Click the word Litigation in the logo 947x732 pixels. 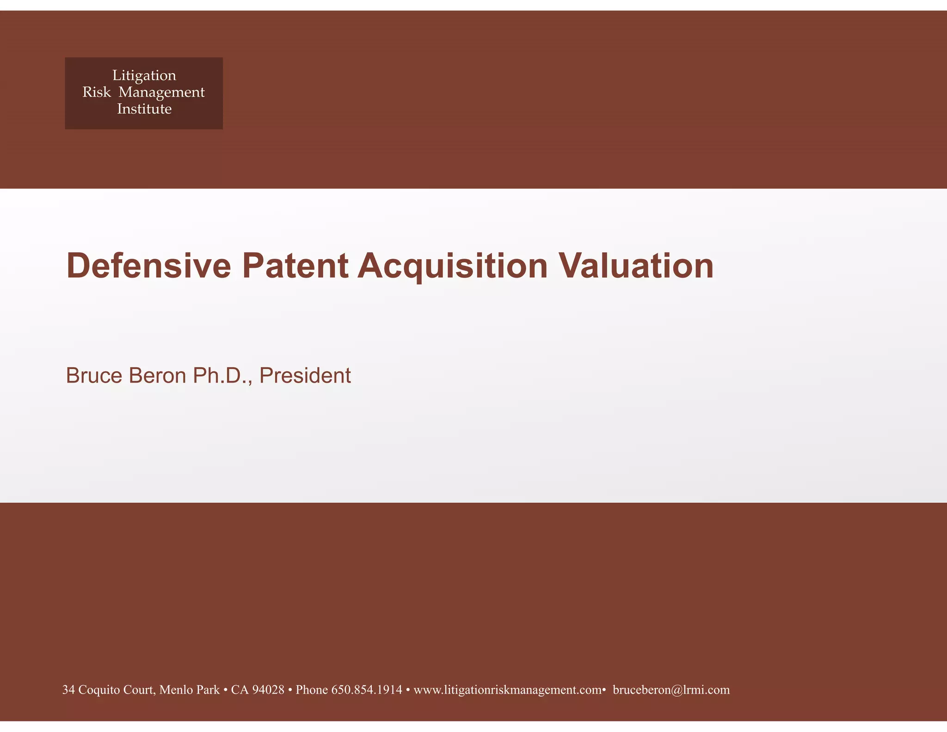click(144, 75)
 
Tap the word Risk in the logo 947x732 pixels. click(97, 92)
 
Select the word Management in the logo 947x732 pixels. click(161, 93)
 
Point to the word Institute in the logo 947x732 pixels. click(144, 109)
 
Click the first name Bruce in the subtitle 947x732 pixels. click(94, 375)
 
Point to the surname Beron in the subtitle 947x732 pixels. click(158, 375)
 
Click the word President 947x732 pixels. click(305, 375)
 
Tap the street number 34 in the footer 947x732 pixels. click(68, 690)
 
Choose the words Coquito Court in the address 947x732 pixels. click(116, 690)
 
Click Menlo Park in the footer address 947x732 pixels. click(190, 690)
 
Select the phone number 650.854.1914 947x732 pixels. click(367, 690)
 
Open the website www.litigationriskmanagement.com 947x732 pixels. click(507, 690)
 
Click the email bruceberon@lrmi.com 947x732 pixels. click(671, 690)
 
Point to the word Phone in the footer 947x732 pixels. click(312, 690)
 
